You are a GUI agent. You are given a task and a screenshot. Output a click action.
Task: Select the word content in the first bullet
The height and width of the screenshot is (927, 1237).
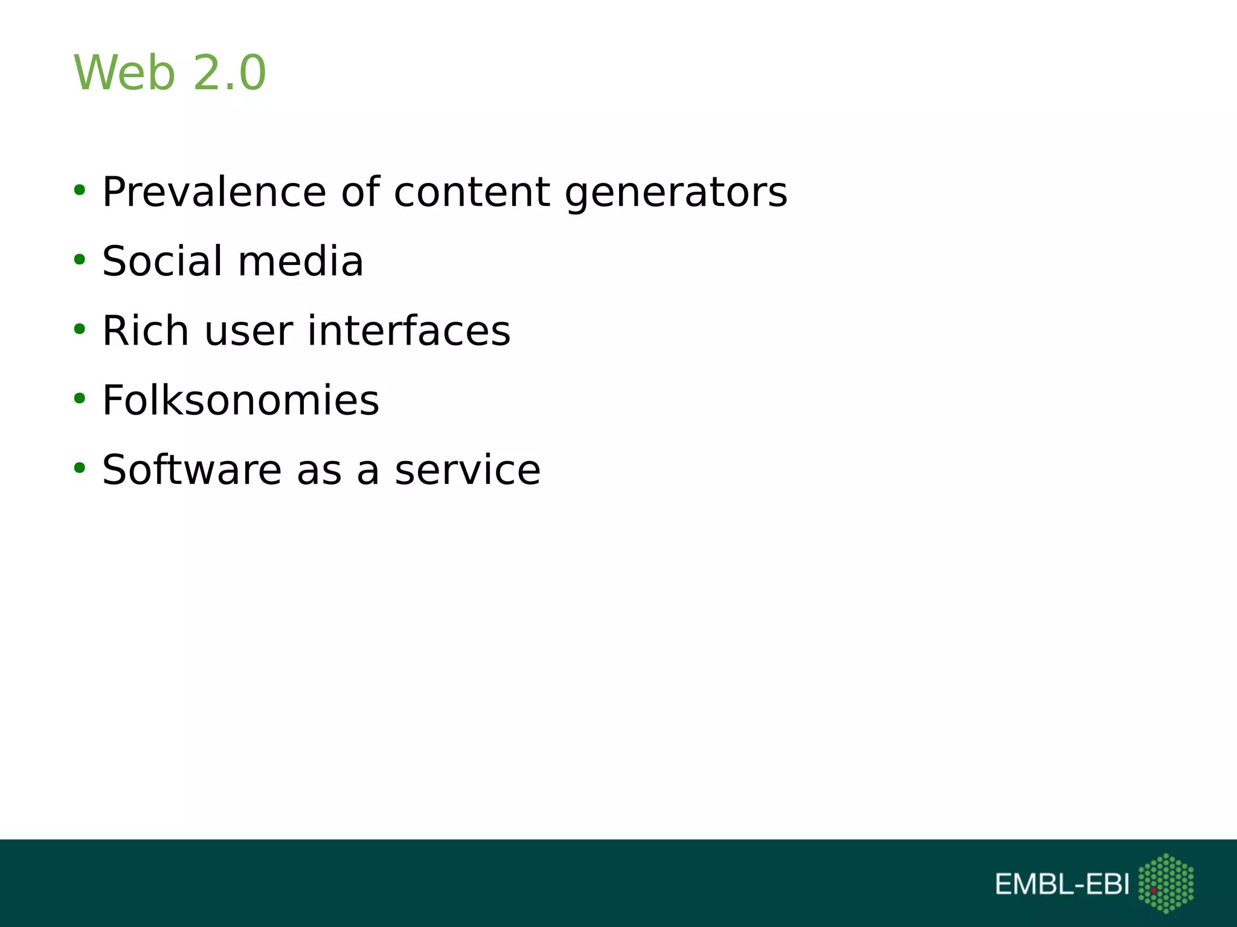472,193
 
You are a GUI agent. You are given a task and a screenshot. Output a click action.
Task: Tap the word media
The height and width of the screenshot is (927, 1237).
301,261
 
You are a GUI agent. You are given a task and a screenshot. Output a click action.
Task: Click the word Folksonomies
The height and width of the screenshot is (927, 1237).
240,400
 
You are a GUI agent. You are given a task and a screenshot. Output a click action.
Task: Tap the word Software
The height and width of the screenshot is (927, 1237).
191,470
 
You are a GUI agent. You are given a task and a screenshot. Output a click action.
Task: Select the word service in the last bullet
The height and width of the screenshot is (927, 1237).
467,471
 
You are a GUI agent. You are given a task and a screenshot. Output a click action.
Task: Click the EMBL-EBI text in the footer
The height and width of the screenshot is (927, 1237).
1062,884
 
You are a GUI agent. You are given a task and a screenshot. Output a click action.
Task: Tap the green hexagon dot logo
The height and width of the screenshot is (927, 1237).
1166,883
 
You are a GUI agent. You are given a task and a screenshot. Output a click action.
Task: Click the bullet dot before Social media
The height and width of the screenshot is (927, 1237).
79,260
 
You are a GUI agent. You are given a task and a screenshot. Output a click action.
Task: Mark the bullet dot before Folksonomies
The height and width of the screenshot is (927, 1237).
79,399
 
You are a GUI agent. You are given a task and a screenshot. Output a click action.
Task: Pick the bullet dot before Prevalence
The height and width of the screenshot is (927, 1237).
79,191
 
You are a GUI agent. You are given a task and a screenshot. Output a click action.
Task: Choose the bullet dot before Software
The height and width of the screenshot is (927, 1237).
79,468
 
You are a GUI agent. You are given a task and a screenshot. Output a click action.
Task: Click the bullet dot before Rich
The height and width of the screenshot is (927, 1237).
79,330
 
